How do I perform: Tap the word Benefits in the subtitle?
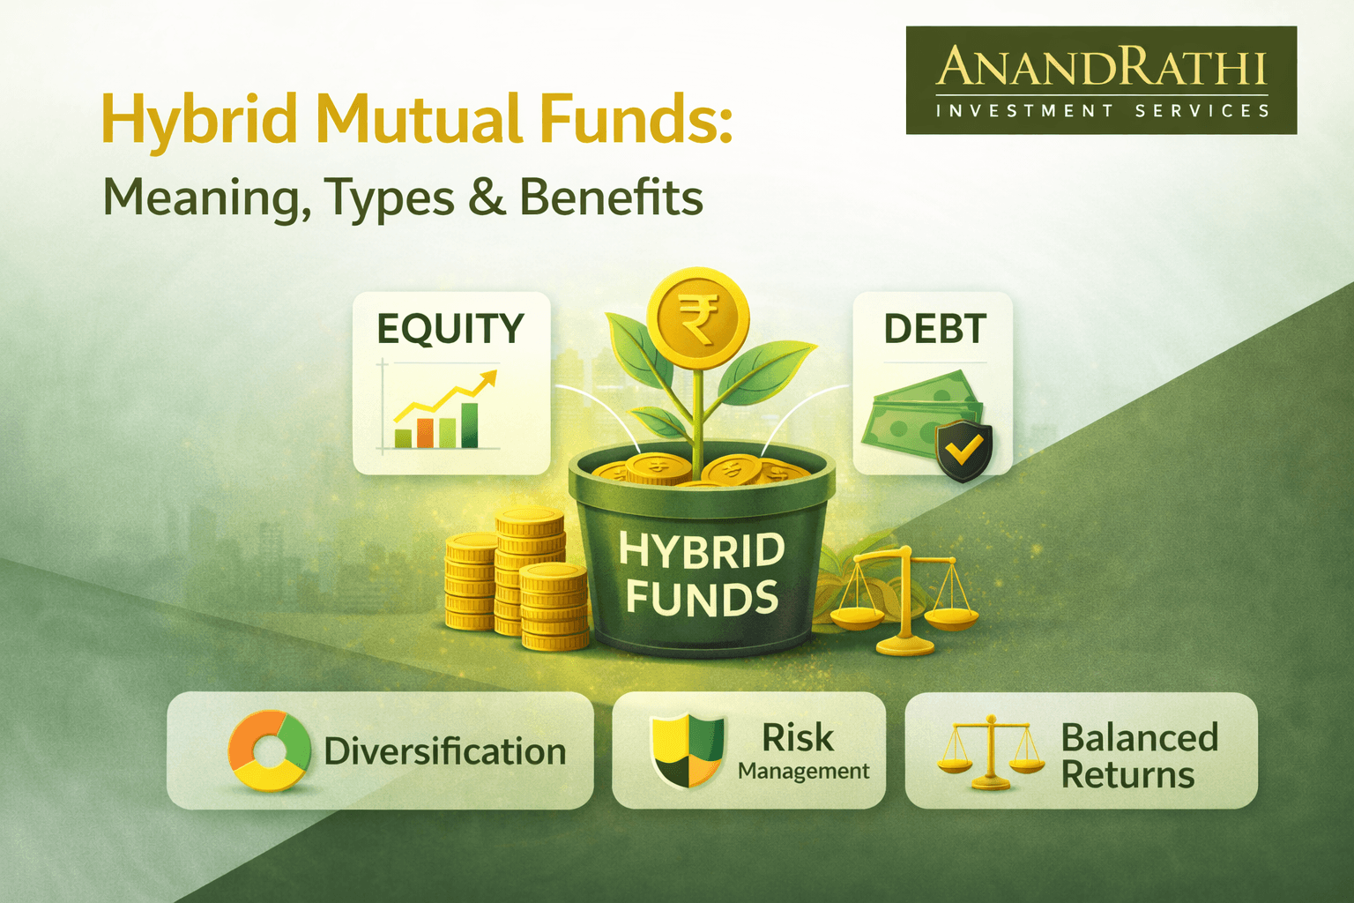611,197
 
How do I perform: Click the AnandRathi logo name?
1101,67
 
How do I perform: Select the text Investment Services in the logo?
1102,111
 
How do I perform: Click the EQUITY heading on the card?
450,329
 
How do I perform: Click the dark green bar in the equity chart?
470,425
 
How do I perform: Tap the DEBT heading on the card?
934,329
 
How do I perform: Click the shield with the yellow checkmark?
963,451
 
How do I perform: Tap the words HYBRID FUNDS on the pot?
702,573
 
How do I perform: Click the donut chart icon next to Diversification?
270,750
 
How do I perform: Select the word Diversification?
445,752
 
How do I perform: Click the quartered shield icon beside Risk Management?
687,750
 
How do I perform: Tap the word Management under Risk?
803,772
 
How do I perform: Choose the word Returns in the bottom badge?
1127,775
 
